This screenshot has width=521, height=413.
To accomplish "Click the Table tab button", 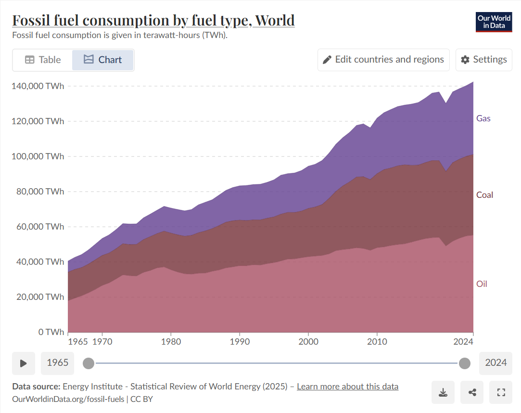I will pos(43,60).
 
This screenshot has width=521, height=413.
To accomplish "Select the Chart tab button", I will pos(102,60).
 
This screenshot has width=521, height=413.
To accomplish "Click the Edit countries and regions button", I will pos(383,60).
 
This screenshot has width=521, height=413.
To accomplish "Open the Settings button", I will pos(483,60).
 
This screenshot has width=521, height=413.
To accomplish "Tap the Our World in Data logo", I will pos(494,22).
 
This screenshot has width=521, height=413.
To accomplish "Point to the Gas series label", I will pos(483,118).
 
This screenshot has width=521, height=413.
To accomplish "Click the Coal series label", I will pos(485,195).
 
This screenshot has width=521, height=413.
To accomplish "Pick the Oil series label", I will pos(482,284).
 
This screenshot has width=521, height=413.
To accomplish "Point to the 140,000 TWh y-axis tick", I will pos(37,86).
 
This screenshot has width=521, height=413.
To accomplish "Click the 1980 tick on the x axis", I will pos(171,342).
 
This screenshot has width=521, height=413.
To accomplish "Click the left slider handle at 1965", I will pos(89,363).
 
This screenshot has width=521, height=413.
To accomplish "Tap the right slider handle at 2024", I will pos(465,363).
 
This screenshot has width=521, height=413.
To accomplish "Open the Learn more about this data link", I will pos(347,387).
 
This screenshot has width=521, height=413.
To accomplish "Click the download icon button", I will pos(443,392).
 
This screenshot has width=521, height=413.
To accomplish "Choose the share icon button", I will pos(472,392).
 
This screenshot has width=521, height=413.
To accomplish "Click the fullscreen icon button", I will pos(501,392).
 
